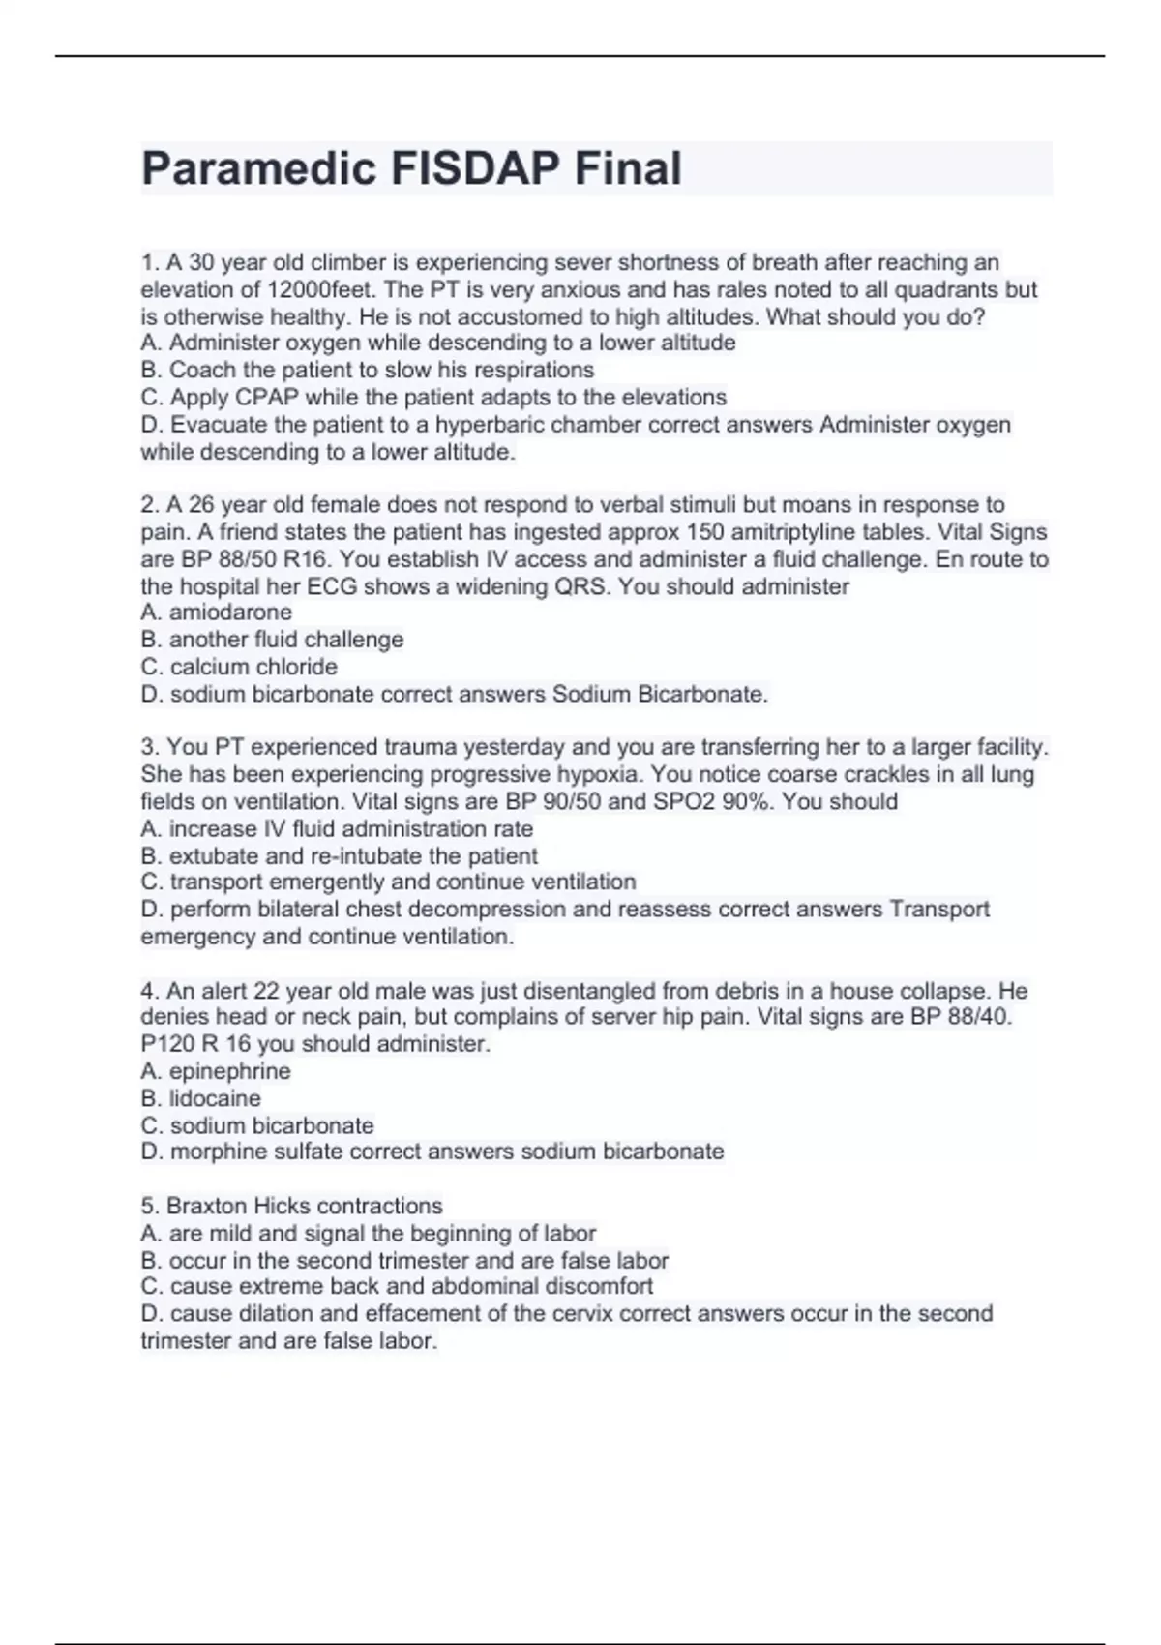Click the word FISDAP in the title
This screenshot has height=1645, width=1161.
475,168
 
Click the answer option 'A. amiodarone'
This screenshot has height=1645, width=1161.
216,613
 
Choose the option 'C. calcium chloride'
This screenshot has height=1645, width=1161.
239,667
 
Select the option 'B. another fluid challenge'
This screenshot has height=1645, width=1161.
272,640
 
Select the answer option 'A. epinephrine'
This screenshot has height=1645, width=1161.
215,1071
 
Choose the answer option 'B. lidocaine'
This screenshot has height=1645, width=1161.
200,1098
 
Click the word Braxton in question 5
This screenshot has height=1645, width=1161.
206,1206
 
